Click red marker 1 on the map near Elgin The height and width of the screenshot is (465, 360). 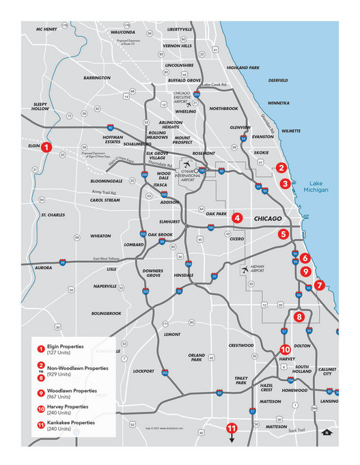point(46,147)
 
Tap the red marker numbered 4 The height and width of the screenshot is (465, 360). point(236,219)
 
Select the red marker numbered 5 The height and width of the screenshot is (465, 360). point(283,234)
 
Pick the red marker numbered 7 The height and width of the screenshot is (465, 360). point(320,285)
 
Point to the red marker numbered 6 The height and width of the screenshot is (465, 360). point(305,259)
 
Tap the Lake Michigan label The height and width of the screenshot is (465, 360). point(318,186)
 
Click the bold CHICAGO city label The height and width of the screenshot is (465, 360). point(267,219)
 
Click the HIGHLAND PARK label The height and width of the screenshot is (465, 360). point(243,68)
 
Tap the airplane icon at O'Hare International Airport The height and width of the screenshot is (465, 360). point(187,165)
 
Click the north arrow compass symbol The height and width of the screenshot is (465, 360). point(327,432)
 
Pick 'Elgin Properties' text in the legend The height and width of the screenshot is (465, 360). point(67,346)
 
